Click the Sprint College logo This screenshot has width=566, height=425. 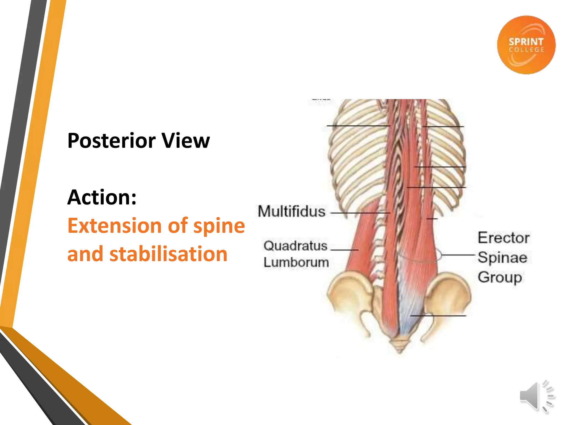coord(526,45)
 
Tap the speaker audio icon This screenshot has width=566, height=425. coord(536,396)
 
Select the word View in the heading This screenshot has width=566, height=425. coord(185,141)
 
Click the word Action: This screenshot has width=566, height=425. coord(102,197)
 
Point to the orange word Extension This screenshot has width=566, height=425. coord(114,226)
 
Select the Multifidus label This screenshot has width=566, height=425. coord(292,212)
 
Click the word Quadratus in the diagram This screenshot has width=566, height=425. coord(295,246)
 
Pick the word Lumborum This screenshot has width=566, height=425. coord(296,262)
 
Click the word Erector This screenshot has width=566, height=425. coord(504,238)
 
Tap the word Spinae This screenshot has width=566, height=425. coord(502,257)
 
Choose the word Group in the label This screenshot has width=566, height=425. coord(500,277)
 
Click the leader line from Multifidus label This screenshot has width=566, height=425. coord(359,213)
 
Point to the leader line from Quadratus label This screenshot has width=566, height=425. coord(344,250)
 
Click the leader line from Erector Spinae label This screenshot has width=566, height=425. coord(457,255)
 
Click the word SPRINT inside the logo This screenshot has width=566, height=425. coord(526,42)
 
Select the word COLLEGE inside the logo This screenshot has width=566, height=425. coord(526,50)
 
